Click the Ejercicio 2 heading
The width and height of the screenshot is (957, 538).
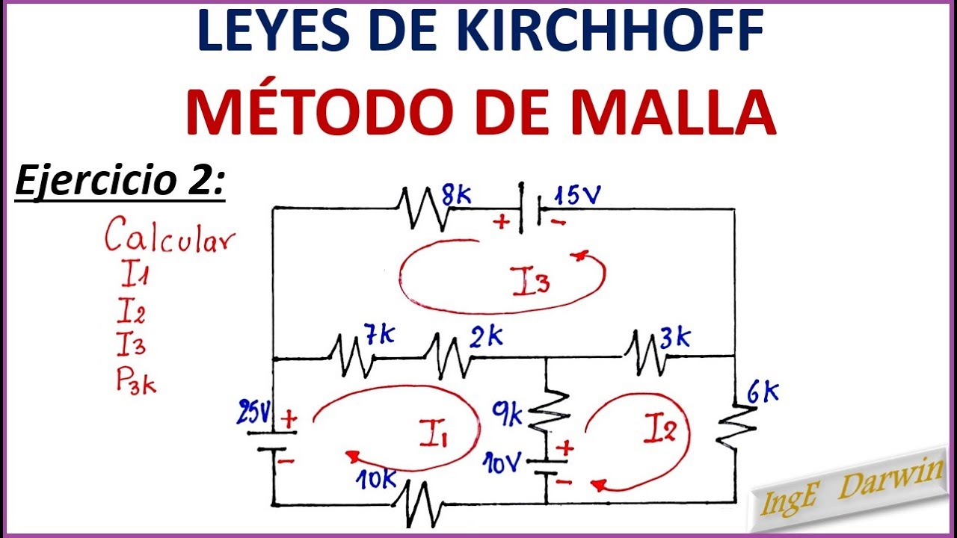pyautogui.click(x=120, y=182)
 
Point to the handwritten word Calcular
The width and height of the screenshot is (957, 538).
pyautogui.click(x=170, y=235)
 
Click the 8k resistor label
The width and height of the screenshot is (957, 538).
pyautogui.click(x=456, y=196)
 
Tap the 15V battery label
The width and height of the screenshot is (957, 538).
pyautogui.click(x=578, y=196)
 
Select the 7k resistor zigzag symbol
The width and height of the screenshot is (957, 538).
pyautogui.click(x=351, y=356)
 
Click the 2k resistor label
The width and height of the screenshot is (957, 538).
pyautogui.click(x=486, y=336)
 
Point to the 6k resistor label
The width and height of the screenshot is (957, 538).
pyautogui.click(x=763, y=394)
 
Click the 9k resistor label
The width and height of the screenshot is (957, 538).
pyautogui.click(x=507, y=414)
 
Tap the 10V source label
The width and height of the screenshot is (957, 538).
pyautogui.click(x=502, y=463)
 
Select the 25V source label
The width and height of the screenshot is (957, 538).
pyautogui.click(x=254, y=412)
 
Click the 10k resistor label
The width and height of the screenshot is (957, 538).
pyautogui.click(x=376, y=479)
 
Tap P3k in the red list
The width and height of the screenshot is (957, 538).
pyautogui.click(x=136, y=381)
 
